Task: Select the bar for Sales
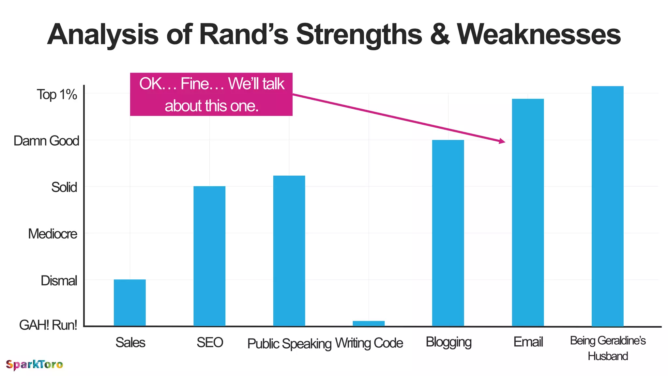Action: [x=129, y=303]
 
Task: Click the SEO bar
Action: [x=209, y=256]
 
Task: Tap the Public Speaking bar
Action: [x=289, y=251]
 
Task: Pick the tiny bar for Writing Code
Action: [x=369, y=323]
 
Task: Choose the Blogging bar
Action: [x=448, y=233]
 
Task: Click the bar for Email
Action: [x=528, y=212]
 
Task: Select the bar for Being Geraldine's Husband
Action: [x=607, y=206]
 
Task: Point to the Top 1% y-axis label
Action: [x=57, y=95]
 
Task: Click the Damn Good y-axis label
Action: [x=46, y=141]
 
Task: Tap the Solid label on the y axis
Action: [x=64, y=187]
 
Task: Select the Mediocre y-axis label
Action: [x=53, y=234]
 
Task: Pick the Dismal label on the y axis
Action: [x=59, y=281]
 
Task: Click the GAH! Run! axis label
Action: [x=48, y=325]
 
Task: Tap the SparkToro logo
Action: [x=34, y=365]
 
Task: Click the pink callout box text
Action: [x=211, y=94]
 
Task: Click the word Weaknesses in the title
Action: [x=539, y=35]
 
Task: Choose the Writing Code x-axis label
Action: [x=369, y=343]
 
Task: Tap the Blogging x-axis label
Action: [x=448, y=342]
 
